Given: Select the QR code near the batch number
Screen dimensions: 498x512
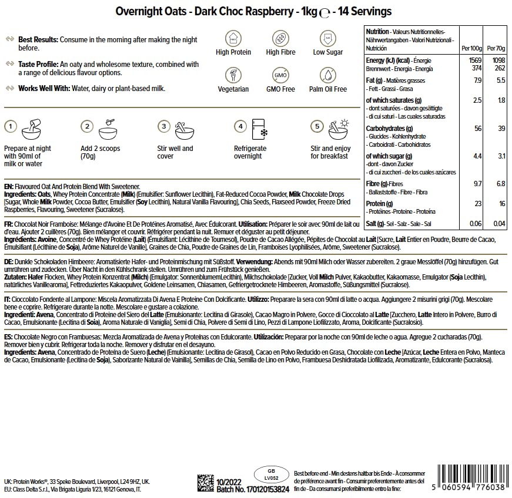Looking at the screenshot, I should click(x=205, y=483).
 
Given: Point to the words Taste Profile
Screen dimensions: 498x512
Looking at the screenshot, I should click(x=38, y=65).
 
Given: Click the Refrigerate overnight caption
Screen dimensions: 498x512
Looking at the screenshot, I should click(x=250, y=153).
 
